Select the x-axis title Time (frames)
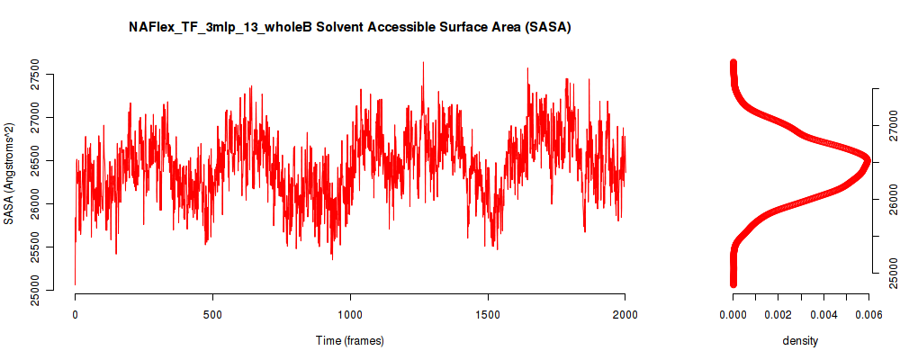click(x=349, y=340)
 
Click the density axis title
click(x=800, y=340)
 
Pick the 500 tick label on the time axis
click(x=212, y=314)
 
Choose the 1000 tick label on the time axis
click(x=350, y=314)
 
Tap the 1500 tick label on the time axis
click(x=487, y=314)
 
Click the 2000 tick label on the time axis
click(x=625, y=314)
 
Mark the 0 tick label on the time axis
click(x=76, y=314)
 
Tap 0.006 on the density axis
click(x=869, y=314)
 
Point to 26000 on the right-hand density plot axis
click(x=890, y=199)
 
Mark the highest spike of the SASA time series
click(x=423, y=63)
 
